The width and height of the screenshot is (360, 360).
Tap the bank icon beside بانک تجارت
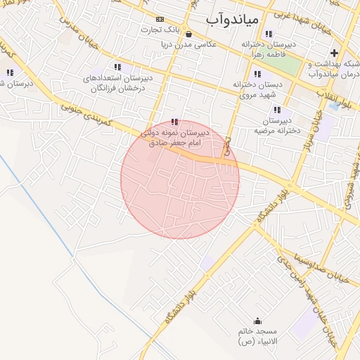pyautogui.click(x=160, y=19)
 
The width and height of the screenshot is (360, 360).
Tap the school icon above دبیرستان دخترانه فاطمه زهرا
pyautogui.click(x=269, y=34)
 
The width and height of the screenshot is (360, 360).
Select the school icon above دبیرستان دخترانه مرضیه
pyautogui.click(x=277, y=110)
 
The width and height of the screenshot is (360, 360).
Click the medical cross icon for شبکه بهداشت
pyautogui.click(x=334, y=53)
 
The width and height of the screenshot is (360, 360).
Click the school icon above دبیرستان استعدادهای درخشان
pyautogui.click(x=118, y=67)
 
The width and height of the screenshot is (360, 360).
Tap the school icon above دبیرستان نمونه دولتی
pyautogui.click(x=174, y=122)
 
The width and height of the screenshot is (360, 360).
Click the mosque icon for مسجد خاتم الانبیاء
pyautogui.click(x=257, y=320)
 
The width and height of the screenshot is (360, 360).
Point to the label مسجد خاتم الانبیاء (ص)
pyautogui.click(x=258, y=335)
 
